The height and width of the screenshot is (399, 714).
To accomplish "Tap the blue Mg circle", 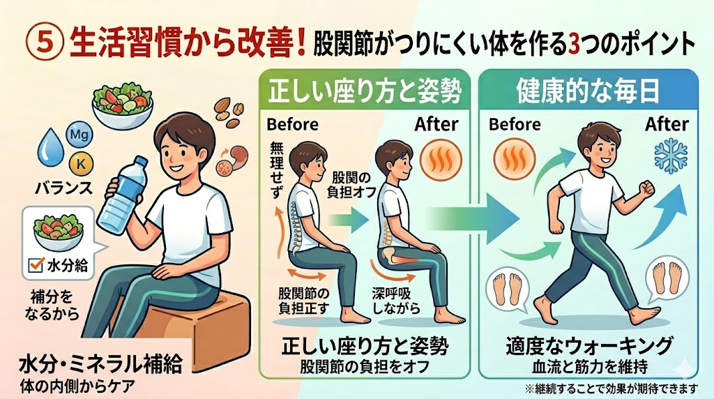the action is click(80, 135).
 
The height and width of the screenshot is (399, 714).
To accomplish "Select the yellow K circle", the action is click(81, 164).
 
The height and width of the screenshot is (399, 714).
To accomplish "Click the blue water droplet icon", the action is click(50, 146).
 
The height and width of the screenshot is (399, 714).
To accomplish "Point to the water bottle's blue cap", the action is click(140, 162).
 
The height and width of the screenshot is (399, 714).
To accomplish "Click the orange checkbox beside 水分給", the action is click(36, 264).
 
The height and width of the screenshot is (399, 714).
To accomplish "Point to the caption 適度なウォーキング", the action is click(589, 346).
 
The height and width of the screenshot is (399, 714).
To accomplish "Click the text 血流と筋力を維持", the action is click(589, 366).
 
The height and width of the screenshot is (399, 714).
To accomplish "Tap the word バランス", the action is click(63, 188).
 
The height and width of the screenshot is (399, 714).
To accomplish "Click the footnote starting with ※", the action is click(611, 389).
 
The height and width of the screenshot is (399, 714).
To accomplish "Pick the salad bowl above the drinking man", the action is click(123, 105).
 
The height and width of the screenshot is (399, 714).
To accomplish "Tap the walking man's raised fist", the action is click(646, 188).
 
